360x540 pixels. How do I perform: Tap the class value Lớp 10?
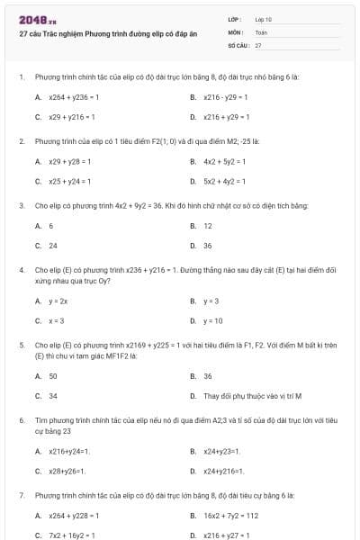coord(264,18)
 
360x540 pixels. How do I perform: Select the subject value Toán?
coord(261,31)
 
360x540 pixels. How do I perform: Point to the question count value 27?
coord(258,44)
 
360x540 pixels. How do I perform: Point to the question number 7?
coord(21,496)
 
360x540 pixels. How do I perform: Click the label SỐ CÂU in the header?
coord(238,44)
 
